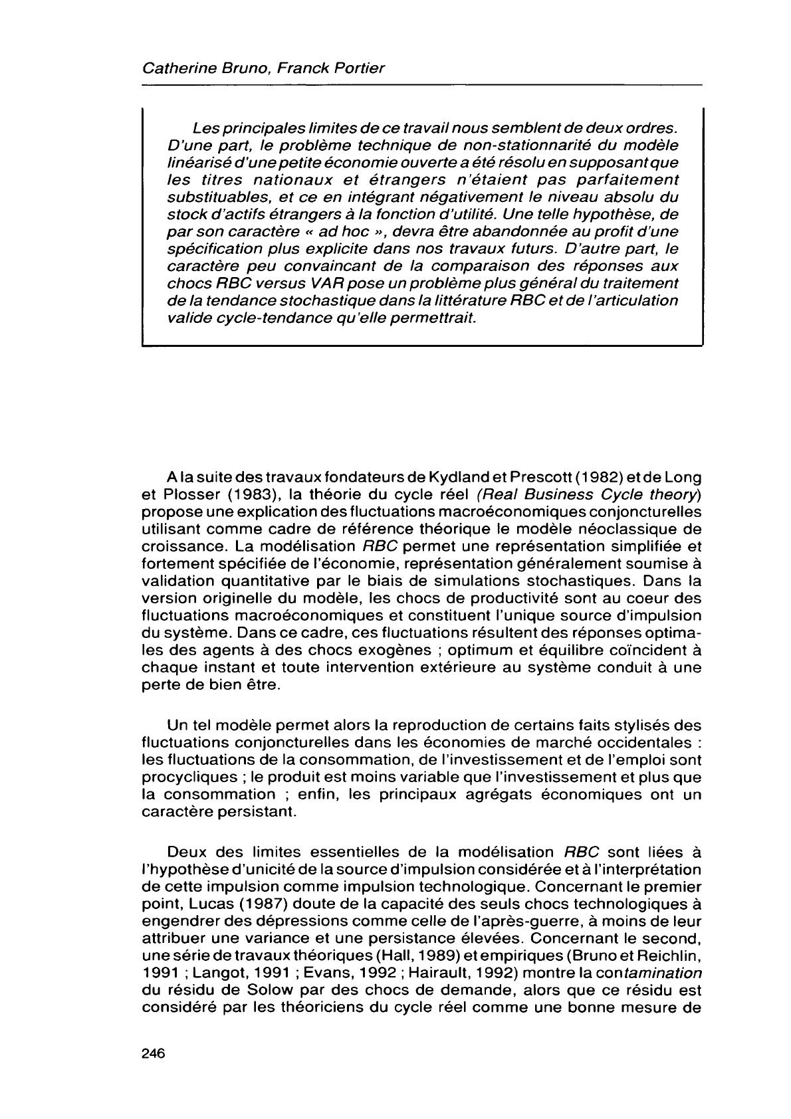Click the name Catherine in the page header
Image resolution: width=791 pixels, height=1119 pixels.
point(173,68)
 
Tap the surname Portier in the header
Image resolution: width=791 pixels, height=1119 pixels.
point(358,68)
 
